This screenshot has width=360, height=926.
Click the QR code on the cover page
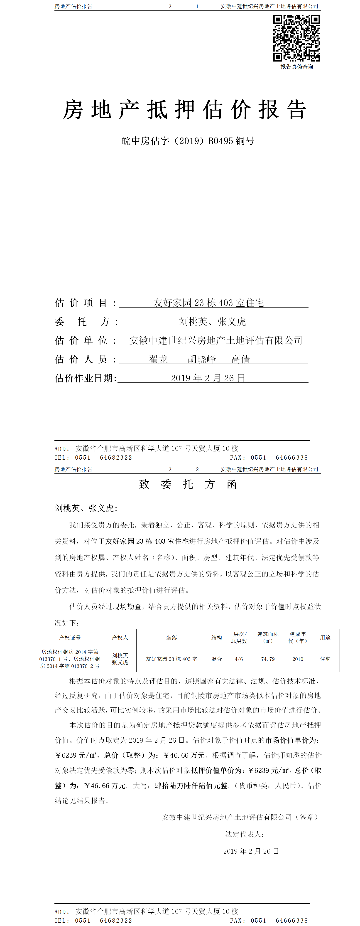(296, 38)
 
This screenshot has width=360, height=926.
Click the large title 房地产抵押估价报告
(185, 110)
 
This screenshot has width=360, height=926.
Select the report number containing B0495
(188, 141)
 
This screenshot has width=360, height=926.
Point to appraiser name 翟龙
(158, 359)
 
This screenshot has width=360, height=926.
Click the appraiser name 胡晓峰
(202, 359)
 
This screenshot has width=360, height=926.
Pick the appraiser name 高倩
(240, 359)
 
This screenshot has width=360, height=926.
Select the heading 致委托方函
(188, 484)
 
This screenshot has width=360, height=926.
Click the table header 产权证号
(70, 637)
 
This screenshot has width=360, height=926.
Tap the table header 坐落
(171, 637)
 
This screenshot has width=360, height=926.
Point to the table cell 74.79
(268, 659)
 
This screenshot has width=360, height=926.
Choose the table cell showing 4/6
(239, 659)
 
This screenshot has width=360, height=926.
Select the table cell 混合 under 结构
(217, 659)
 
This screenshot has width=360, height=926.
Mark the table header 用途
(325, 637)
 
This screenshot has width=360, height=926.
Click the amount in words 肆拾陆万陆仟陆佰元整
(191, 786)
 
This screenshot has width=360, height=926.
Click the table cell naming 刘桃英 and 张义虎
(120, 659)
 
